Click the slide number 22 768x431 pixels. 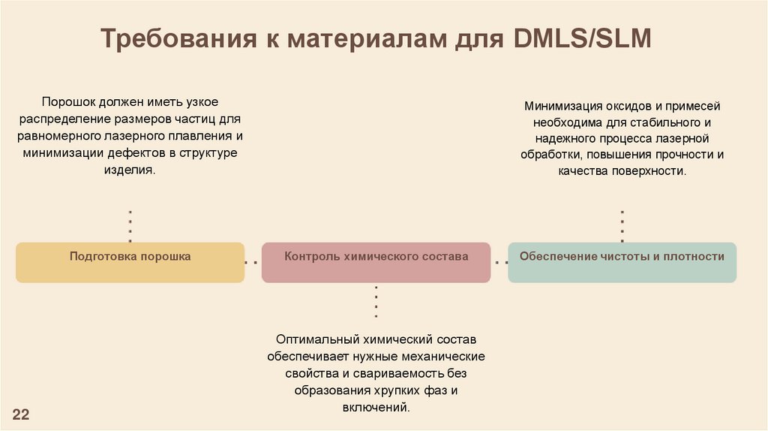click(x=20, y=414)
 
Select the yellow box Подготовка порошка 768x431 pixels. click(x=130, y=262)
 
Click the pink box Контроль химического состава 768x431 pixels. click(x=376, y=262)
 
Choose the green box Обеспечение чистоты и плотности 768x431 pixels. click(x=622, y=262)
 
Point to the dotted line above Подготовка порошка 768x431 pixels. click(x=130, y=226)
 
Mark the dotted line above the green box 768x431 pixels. click(x=622, y=226)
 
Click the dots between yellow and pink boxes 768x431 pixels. click(x=253, y=263)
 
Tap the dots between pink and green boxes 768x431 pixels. click(x=499, y=263)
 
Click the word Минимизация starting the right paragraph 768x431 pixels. click(x=558, y=106)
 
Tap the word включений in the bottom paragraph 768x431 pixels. click(x=374, y=408)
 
